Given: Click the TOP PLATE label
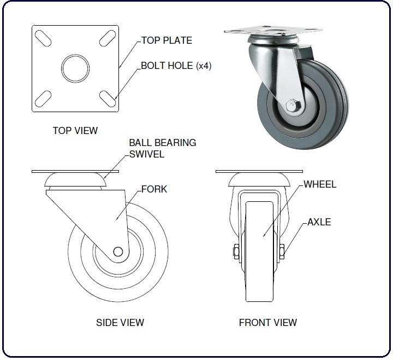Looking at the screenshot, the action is (x=167, y=40).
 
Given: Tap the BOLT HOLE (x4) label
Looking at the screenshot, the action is (x=176, y=66).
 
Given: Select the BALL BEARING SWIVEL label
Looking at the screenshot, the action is (x=163, y=148).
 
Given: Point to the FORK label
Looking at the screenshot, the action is (x=154, y=189).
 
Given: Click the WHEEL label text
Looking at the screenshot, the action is (x=320, y=184).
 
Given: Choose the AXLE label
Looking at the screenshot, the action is (x=319, y=222).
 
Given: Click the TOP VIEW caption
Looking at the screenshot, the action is (x=75, y=131).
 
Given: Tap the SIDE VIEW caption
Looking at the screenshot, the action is (x=120, y=323).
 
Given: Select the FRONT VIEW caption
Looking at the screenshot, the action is (x=268, y=323).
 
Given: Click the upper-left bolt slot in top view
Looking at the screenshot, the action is (x=43, y=38).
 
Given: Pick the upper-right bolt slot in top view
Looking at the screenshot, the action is (x=108, y=38).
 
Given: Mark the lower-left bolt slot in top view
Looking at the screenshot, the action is (x=43, y=99).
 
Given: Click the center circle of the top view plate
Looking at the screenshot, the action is (x=75, y=68).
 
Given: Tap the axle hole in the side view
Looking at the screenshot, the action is (x=118, y=252).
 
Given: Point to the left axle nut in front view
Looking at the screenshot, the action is (x=236, y=252).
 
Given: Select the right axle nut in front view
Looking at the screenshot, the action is (x=282, y=252).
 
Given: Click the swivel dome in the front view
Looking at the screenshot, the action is (x=259, y=179).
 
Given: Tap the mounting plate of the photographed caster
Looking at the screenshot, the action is (x=273, y=31).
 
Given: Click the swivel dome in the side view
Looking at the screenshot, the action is (x=75, y=179).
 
